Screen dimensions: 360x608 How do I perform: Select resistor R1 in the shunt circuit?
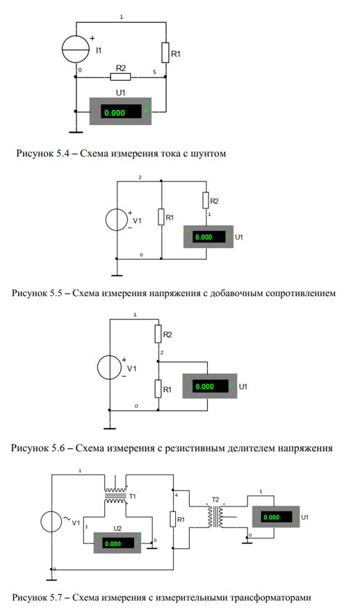click(165, 52)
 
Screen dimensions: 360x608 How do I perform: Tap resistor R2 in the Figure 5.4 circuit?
click(121, 76)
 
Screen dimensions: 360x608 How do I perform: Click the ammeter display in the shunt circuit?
click(121, 111)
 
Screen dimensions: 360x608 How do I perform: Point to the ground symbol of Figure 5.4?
click(76, 132)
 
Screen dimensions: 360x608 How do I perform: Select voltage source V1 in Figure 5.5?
click(116, 220)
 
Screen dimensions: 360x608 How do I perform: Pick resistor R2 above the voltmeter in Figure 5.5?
click(206, 200)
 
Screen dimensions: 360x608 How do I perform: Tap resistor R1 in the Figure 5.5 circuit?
click(161, 217)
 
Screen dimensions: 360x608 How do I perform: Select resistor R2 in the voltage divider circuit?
click(158, 334)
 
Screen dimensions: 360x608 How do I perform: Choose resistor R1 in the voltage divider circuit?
click(158, 389)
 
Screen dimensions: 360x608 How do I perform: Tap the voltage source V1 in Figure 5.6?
click(109, 368)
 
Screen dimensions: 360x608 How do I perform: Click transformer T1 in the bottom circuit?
click(115, 495)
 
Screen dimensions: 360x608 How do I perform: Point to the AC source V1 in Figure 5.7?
click(51, 521)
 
